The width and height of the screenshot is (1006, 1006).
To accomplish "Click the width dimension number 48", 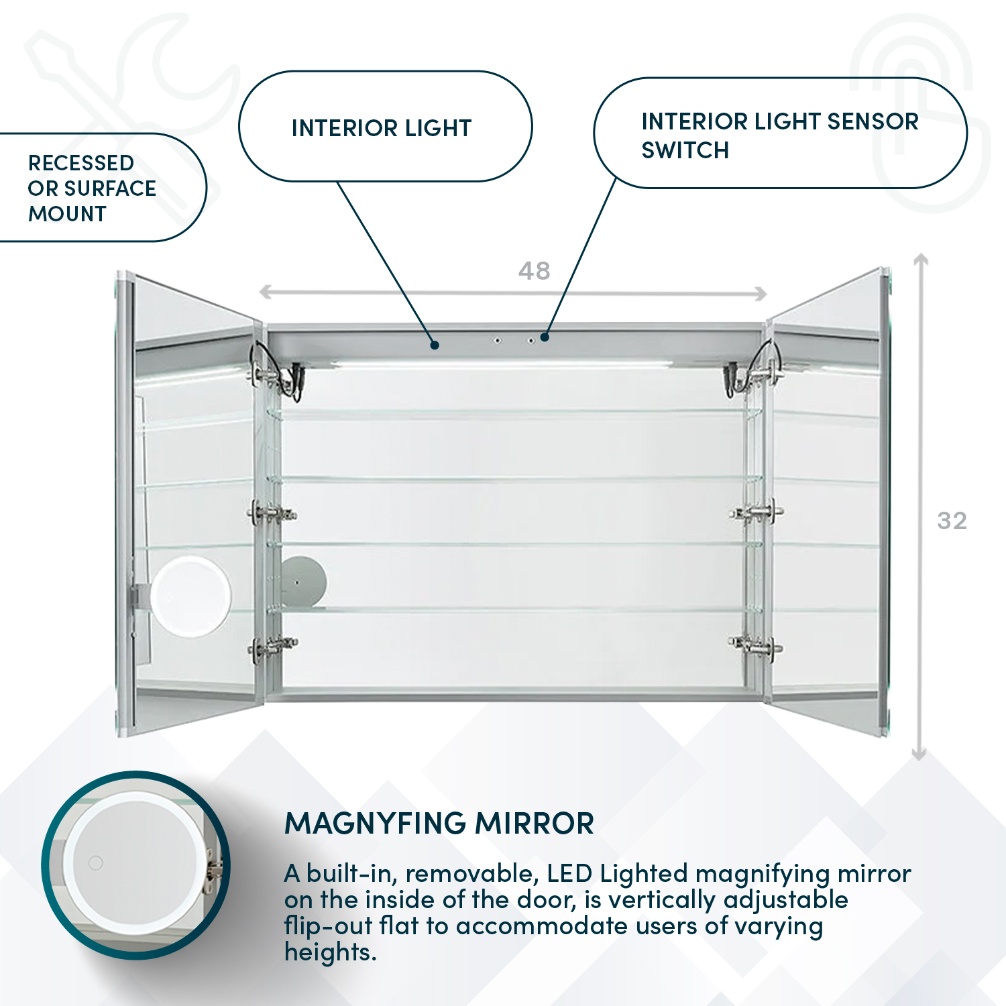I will (534, 271).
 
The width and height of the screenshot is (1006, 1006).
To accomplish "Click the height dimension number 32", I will (952, 521).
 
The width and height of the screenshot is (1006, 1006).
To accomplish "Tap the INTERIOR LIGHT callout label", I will (382, 128).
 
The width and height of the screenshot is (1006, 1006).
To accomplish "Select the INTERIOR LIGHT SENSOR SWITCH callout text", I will (779, 135).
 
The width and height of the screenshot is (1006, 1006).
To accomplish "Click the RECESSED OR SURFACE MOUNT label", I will (92, 188).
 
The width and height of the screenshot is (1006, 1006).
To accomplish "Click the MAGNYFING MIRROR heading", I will (439, 824).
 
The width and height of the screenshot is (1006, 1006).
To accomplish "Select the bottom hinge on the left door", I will (272, 646).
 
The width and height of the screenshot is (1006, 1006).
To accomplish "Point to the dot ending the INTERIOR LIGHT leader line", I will (435, 345).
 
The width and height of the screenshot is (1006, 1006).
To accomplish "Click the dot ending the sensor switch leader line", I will (545, 337).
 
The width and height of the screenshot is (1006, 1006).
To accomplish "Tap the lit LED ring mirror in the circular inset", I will (135, 864).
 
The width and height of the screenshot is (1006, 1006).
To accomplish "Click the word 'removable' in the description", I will (469, 874).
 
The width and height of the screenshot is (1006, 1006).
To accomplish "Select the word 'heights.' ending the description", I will (330, 952).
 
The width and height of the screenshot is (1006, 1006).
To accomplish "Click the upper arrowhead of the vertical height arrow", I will (921, 259).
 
